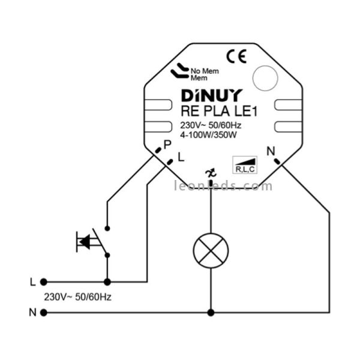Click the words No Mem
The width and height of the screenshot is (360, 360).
(205, 71)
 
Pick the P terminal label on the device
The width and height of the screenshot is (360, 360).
(167, 145)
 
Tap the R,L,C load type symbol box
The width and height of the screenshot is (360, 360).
(245, 165)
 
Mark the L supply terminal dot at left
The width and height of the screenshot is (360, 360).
(43, 281)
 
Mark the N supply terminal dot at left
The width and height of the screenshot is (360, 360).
(43, 312)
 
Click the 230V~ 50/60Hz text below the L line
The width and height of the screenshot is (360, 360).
(78, 296)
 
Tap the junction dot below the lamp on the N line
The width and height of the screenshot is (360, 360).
(210, 312)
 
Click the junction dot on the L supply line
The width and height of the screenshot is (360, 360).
(107, 281)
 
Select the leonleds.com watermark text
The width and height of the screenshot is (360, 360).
(223, 186)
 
